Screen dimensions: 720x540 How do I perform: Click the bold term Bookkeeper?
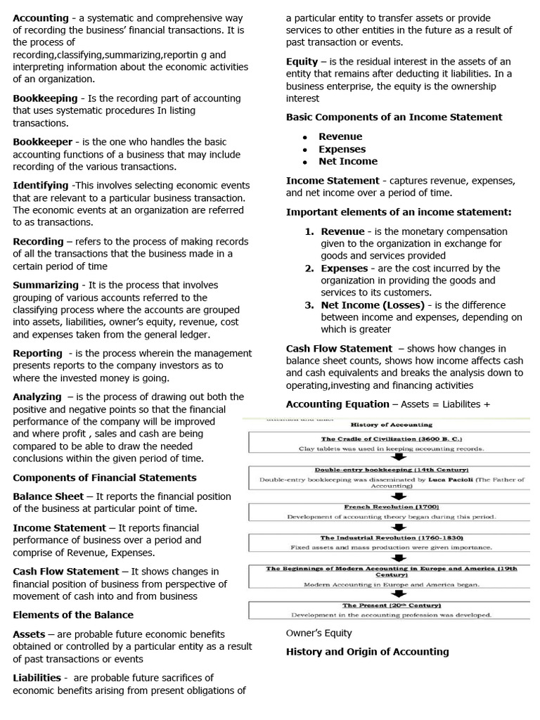pyautogui.click(x=42, y=142)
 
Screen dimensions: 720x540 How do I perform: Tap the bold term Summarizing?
pyautogui.click(x=46, y=285)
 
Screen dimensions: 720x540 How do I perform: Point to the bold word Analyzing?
pyautogui.click(x=37, y=397)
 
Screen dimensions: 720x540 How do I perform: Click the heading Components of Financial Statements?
pyautogui.click(x=105, y=477)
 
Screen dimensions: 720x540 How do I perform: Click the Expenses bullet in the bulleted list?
pyautogui.click(x=342, y=149)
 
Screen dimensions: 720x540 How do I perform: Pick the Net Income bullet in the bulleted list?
pyautogui.click(x=347, y=161)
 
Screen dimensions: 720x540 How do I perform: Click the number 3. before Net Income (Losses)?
pyautogui.click(x=309, y=305)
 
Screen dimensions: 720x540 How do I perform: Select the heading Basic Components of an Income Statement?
pyautogui.click(x=394, y=117)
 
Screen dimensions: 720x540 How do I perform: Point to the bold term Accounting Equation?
pyautogui.click(x=337, y=404)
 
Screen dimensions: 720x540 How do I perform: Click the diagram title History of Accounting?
pyautogui.click(x=392, y=425)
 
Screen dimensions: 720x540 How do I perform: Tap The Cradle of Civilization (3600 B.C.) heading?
pyautogui.click(x=391, y=439)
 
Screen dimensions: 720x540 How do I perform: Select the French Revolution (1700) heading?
pyautogui.click(x=391, y=506)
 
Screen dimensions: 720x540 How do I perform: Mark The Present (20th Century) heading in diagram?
pyautogui.click(x=391, y=605)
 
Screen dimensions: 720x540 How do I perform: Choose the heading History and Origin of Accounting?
pyautogui.click(x=367, y=652)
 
